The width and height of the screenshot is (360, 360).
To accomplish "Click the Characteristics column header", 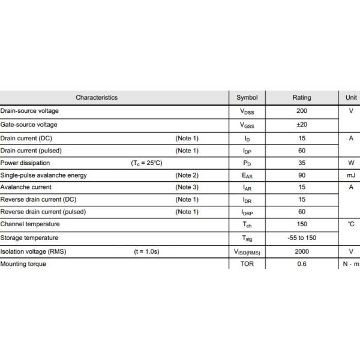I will pos(97,97).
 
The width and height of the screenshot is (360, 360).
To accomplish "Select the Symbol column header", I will pos(247,97).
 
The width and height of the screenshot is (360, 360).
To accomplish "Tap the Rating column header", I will pos(302,97).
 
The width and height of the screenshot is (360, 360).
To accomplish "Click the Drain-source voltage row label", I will pos(29,111).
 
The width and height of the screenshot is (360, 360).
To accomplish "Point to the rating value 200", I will pos(302,111).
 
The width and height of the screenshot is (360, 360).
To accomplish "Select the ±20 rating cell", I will pos(302,125).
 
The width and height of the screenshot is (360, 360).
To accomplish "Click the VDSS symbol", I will pos(247,112).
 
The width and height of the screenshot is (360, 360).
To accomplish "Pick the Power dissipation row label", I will pos(25,163).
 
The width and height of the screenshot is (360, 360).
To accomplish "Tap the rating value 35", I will pos(302,163).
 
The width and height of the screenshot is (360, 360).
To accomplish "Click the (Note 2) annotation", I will pos(187,175).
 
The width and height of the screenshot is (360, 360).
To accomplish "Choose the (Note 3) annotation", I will pos(187,187).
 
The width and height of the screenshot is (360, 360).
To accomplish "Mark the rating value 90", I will pos(302,175).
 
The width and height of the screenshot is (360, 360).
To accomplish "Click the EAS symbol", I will pos(247,176).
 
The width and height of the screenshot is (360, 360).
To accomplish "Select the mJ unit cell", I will pos(350,175).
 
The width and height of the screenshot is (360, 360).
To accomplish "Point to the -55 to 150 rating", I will pos(302,238).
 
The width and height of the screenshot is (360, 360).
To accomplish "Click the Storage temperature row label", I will pos(29,238).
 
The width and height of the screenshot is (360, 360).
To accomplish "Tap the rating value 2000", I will pos(302,251).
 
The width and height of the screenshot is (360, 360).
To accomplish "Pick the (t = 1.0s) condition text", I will pos(146,251).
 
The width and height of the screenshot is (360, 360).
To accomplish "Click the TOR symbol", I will pos(247,264).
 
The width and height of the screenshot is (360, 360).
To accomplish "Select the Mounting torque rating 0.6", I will pos(302,264).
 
